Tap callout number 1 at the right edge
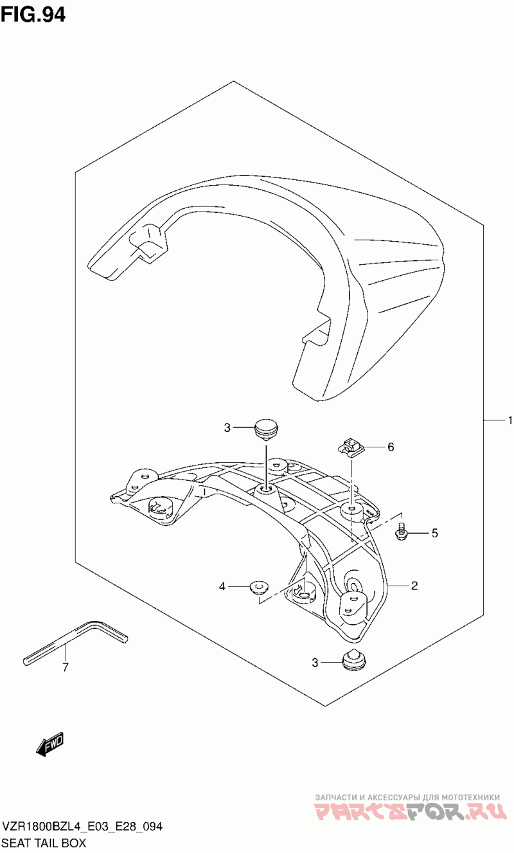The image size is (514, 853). point(510,420)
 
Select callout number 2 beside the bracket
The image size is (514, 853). point(414,586)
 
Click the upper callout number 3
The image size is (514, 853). point(227,428)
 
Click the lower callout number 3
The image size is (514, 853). point(315,663)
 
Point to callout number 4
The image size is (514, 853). point(222,586)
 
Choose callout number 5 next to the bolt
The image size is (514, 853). point(434,533)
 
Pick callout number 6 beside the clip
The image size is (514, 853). point(391,447)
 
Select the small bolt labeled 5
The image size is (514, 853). point(400,531)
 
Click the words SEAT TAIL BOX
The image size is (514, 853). point(44,843)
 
